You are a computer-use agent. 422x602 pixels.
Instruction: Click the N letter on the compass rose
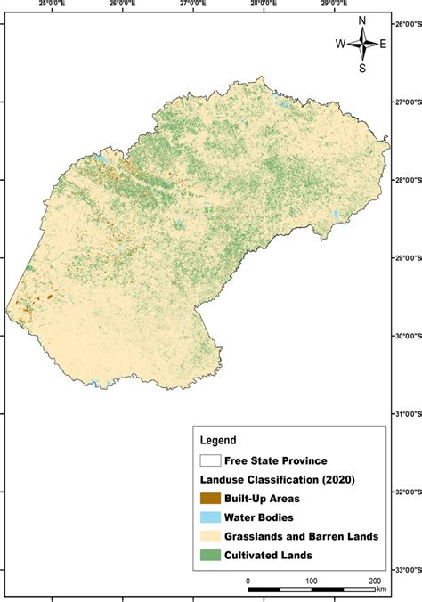(362, 20)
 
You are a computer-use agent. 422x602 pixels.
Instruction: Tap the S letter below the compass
(362, 67)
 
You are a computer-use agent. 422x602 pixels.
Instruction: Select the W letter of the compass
(340, 44)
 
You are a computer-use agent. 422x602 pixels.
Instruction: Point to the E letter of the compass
(383, 44)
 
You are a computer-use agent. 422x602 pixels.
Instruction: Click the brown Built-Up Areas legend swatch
(211, 498)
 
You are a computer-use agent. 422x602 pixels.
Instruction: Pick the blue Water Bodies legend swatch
(211, 517)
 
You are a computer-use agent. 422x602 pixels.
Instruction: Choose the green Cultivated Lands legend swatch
(211, 554)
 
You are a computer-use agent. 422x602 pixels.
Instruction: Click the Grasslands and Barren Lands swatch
(211, 535)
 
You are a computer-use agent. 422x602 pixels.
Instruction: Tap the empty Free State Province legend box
(211, 460)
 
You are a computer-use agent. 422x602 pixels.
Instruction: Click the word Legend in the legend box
(218, 440)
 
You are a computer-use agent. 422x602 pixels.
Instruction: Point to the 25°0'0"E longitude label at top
(52, 4)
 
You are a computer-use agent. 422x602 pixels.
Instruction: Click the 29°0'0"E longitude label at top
(333, 4)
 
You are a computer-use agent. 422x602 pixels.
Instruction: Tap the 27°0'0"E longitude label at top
(191, 4)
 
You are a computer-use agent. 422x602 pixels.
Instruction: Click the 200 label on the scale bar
(375, 581)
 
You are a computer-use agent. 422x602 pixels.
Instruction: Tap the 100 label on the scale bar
(312, 581)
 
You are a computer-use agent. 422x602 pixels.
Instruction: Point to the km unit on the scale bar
(381, 589)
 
